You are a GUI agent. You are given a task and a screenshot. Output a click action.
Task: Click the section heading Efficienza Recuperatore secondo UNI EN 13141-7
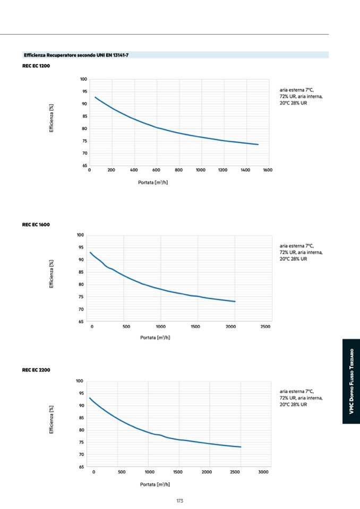point(76,55)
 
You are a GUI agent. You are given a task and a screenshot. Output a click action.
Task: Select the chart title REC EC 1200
point(36,66)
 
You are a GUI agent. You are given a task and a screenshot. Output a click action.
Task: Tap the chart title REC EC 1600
point(36,225)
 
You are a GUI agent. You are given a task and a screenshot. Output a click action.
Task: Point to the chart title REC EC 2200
point(36,370)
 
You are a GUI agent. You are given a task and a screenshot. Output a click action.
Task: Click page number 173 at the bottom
point(179,501)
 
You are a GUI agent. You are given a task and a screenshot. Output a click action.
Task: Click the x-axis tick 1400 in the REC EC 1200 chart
point(245,170)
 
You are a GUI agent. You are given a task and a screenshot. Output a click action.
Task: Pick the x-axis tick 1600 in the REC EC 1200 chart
point(267,170)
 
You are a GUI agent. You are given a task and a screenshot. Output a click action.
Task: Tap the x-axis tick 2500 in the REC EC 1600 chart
point(265,326)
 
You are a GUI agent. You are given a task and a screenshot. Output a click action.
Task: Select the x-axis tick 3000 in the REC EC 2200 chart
point(263,472)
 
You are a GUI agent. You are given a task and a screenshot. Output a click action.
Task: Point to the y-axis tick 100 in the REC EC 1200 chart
point(83,80)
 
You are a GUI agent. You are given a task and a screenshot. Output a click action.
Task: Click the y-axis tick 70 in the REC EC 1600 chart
point(81,309)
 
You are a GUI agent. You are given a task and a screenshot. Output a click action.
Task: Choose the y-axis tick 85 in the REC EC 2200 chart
point(81,418)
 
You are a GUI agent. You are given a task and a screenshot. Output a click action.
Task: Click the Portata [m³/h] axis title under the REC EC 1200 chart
point(153,182)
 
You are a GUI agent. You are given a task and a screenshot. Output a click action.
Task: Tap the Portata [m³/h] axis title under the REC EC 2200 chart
point(155,484)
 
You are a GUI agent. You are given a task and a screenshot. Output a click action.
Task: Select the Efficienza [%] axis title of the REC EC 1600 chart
point(52,274)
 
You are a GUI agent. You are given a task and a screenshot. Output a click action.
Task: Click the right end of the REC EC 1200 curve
point(258,144)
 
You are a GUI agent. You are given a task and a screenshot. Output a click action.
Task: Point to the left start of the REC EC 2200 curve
point(90,398)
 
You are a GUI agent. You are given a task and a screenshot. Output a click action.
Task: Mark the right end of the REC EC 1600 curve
point(235,301)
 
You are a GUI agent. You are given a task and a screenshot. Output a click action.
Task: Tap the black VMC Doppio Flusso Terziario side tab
point(350,382)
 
